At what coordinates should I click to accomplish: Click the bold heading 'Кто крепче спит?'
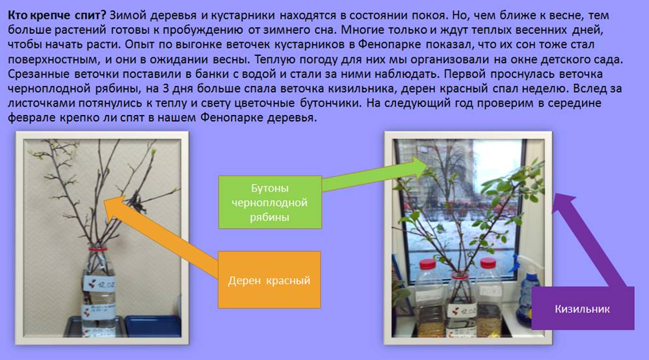(x=57, y=16)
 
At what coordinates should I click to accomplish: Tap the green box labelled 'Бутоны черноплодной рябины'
(x=270, y=202)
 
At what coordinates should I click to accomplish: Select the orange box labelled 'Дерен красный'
(x=269, y=279)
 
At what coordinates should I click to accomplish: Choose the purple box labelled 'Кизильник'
(x=583, y=308)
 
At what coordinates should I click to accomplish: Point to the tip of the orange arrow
(x=103, y=201)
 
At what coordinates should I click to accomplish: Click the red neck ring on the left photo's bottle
(x=98, y=249)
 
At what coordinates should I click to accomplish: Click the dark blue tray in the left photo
(x=152, y=326)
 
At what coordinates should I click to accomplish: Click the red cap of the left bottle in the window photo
(x=427, y=264)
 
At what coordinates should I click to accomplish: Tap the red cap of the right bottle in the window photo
(x=488, y=263)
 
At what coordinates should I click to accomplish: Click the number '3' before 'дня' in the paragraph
(x=166, y=88)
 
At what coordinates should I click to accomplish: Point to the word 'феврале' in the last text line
(x=31, y=118)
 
